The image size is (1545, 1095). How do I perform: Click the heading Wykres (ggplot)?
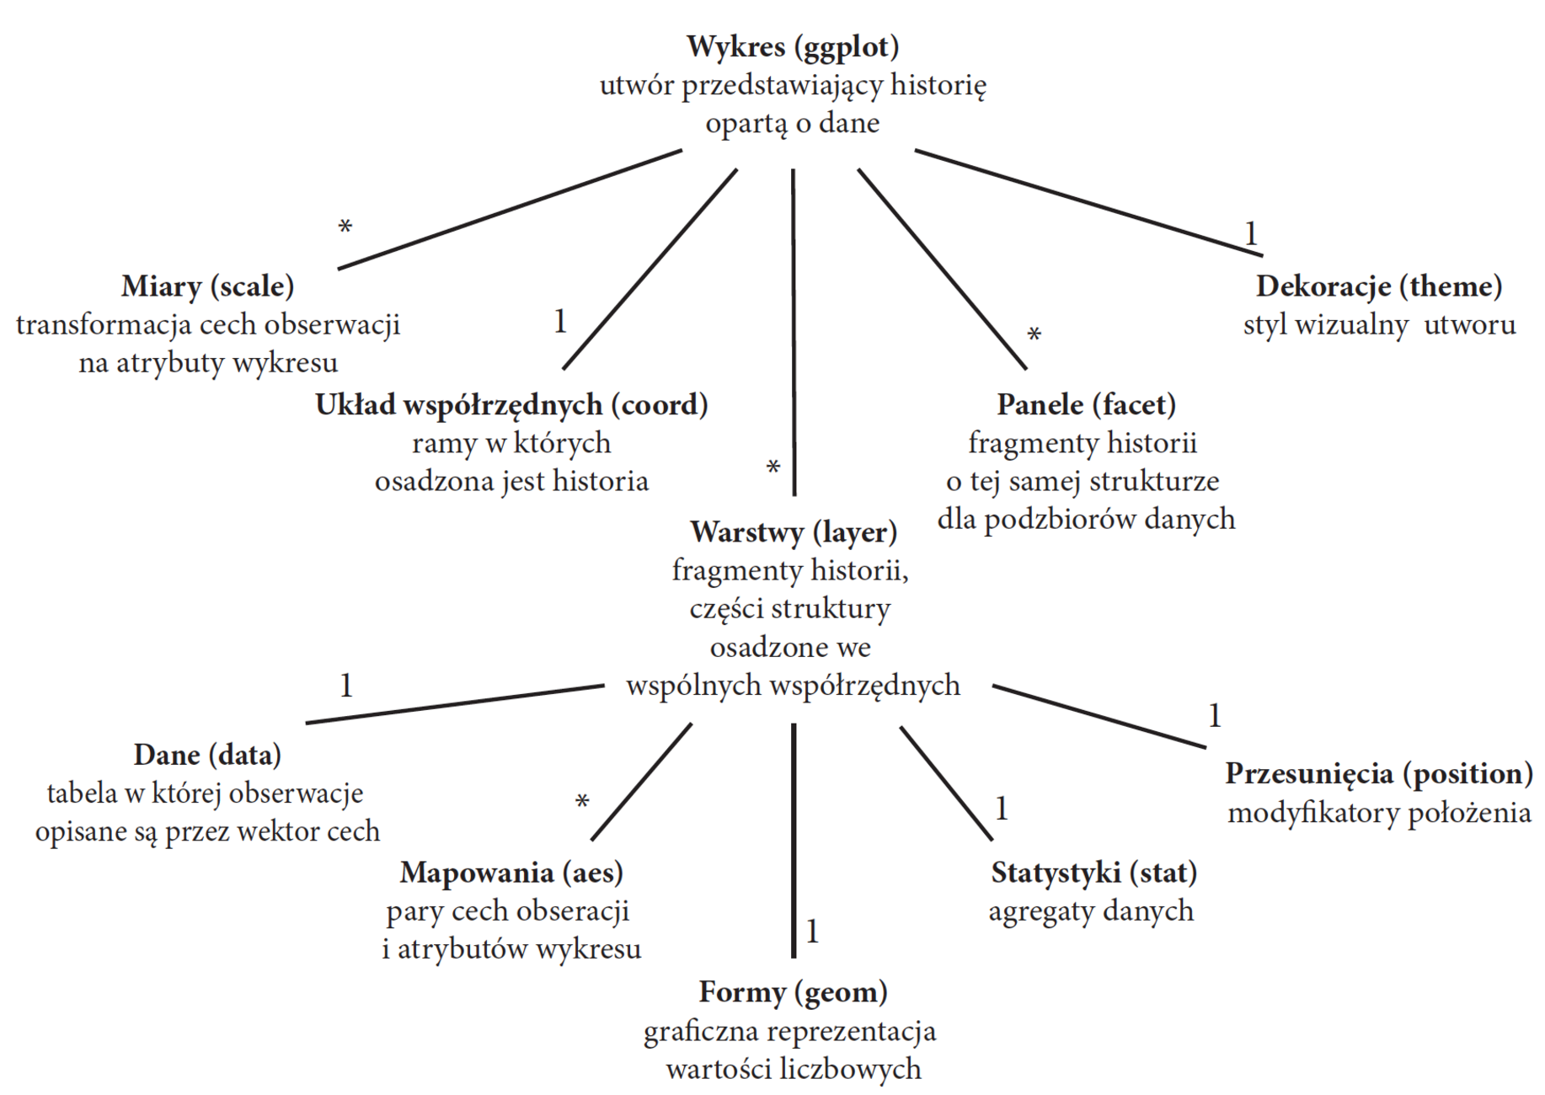pos(793,46)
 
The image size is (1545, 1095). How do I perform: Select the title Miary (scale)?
pos(207,286)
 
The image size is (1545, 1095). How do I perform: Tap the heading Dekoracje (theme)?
pos(1379,286)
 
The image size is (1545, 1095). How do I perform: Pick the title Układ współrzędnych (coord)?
pos(511,405)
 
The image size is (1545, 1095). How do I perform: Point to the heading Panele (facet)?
pos(1086,405)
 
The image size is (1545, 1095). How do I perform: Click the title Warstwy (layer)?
pos(793,532)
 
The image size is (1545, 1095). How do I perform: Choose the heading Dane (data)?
pos(207,755)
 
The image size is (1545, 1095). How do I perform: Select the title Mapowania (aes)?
pos(511,873)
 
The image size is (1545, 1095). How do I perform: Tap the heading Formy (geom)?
pos(793,992)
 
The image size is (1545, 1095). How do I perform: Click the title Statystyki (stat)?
pos(1093,873)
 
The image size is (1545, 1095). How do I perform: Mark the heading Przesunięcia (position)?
pos(1379,773)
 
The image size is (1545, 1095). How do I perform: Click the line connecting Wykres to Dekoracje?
pos(1087,202)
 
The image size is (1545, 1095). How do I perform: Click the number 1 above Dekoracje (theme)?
pos(1251,233)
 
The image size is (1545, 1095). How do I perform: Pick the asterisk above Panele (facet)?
pos(1034,335)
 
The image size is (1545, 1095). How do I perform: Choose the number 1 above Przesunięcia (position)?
pos(1214,716)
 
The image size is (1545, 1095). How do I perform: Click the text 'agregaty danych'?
pos(1091,911)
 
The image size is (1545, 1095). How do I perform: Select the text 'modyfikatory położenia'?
pos(1379,813)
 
